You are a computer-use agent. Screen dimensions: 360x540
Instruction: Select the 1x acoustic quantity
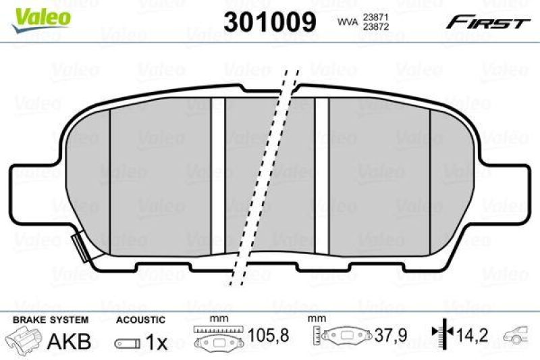click(x=157, y=342)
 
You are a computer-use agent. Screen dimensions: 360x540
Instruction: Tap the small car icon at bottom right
click(x=520, y=335)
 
